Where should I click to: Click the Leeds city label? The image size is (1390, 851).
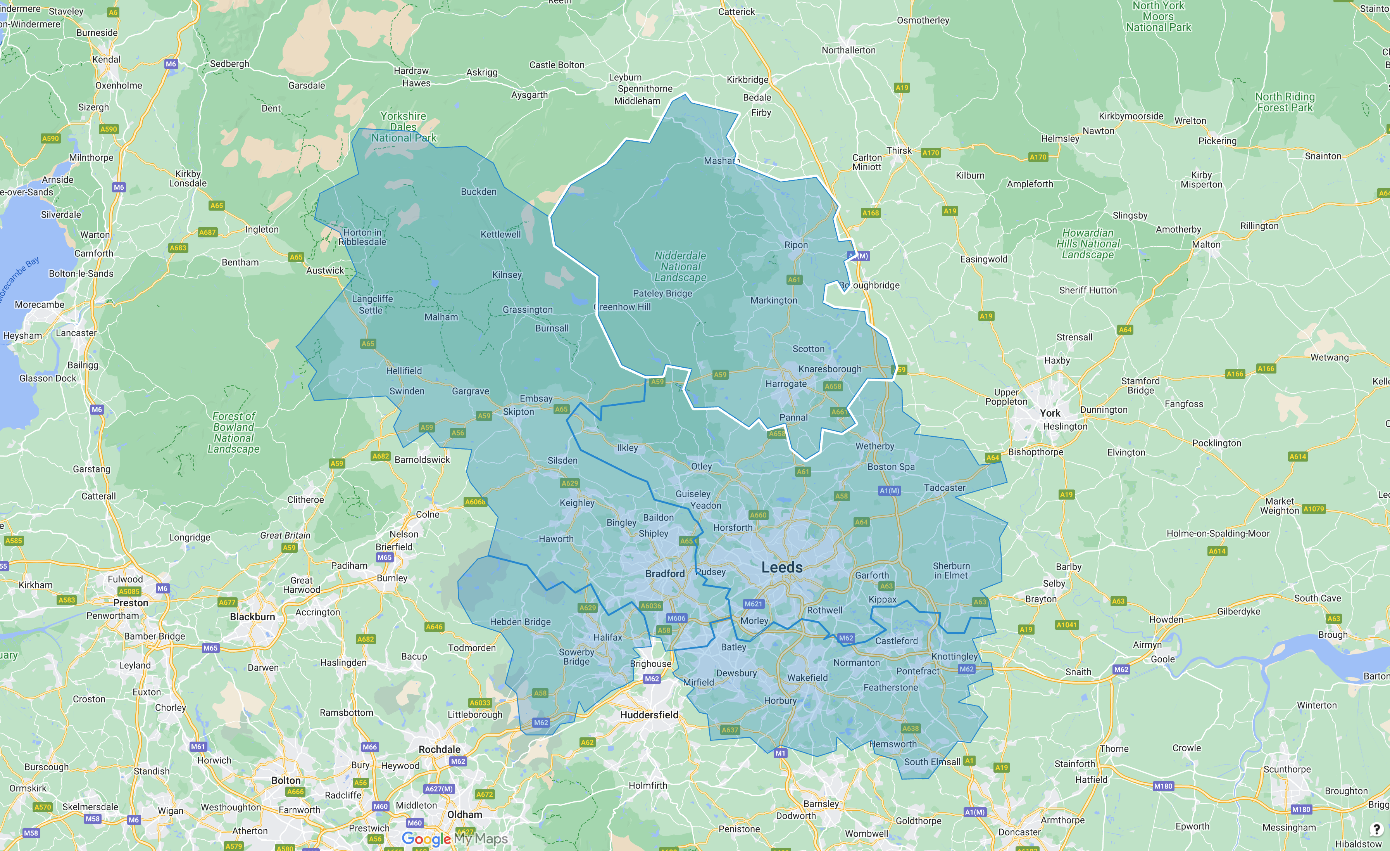tap(781, 568)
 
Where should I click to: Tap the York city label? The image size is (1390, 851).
tap(1050, 413)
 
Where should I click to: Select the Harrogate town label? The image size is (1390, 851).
tap(786, 384)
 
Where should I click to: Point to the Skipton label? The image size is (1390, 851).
tap(518, 412)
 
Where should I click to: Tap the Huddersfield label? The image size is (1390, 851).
tap(649, 715)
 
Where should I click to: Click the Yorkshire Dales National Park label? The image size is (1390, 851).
tap(404, 127)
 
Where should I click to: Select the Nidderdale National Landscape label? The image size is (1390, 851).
tap(680, 266)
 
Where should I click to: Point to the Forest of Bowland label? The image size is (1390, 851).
tap(234, 432)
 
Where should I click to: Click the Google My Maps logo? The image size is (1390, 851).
tap(455, 839)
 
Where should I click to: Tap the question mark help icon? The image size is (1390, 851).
tap(1376, 829)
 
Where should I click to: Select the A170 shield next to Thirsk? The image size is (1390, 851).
tap(930, 153)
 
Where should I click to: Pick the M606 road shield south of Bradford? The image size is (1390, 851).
tap(676, 618)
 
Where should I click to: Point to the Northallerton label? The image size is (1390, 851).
tap(848, 50)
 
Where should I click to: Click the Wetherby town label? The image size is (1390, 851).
tap(874, 446)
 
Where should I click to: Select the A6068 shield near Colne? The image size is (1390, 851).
tap(474, 502)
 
